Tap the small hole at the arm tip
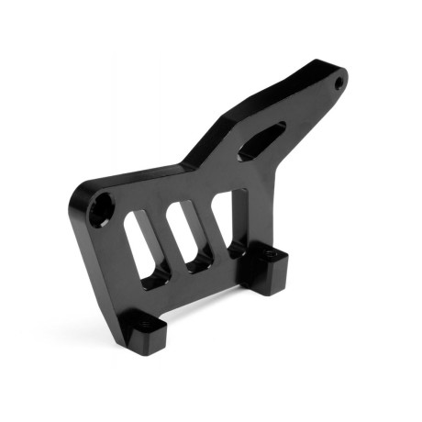coord(339,83)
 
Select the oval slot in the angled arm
coord(261,142)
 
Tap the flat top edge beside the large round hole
coord(138,178)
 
